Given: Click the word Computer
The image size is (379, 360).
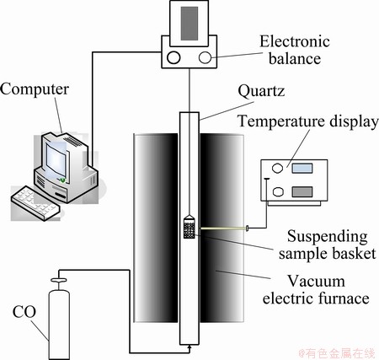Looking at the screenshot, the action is pos(35,89).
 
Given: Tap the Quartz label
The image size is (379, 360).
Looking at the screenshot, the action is pos(261,91).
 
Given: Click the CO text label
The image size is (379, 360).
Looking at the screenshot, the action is pos(24,312).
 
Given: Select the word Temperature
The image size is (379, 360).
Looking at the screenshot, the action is pos(281,122).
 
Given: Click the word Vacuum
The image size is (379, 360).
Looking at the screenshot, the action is pos(316,282).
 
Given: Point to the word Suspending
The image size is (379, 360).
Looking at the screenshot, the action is pos(328,237).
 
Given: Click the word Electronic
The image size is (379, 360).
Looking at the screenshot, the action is pos(295,41).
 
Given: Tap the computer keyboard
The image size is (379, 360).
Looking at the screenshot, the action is pos(35,202).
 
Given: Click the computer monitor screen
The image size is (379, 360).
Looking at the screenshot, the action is pos(56,159).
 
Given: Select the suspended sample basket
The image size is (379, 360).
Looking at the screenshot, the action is pos(189,227).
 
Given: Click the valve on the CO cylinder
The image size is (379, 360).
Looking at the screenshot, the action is pos(59,280).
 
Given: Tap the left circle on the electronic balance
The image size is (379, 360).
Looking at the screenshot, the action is pos(173,57).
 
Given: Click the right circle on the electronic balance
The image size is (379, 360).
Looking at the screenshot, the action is pos(205,57).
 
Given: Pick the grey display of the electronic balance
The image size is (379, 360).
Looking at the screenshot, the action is pos(189,24).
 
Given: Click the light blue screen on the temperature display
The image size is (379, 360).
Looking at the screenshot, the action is pos(302,169).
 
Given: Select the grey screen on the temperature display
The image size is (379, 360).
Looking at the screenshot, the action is pos(302,191).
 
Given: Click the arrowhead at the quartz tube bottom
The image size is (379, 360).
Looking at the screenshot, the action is pos(189,347).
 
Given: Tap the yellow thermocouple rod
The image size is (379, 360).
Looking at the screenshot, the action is pos(223,228).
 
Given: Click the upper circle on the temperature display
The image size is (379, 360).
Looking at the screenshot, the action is pos(277,168).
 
